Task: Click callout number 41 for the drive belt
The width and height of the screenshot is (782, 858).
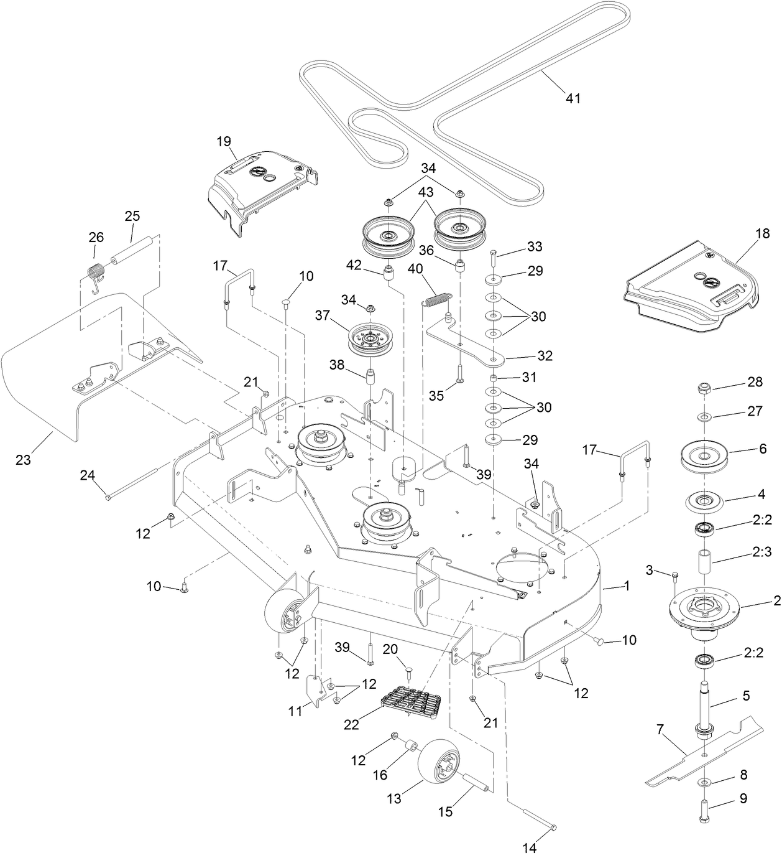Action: [573, 98]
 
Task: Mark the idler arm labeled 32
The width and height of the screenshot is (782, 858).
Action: [472, 346]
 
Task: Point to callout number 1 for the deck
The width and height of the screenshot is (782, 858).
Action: [627, 585]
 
